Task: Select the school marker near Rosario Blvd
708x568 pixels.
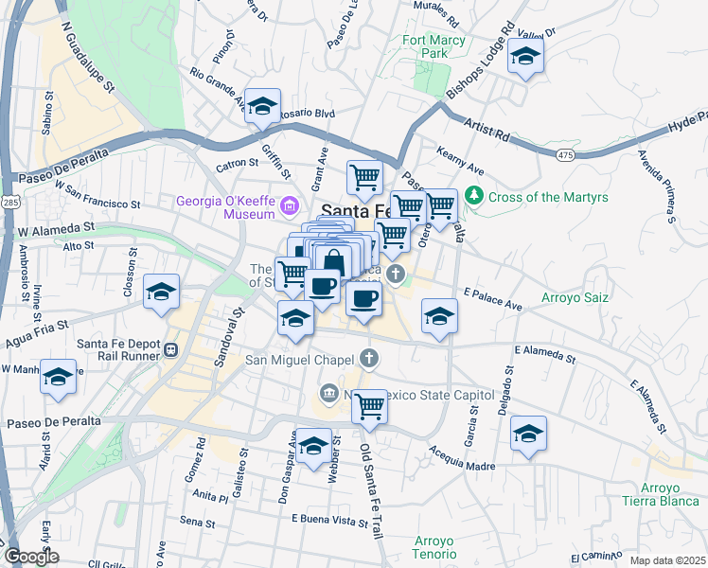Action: point(262,105)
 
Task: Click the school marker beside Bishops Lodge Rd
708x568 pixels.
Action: point(525,56)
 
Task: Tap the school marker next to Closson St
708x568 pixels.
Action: point(162,293)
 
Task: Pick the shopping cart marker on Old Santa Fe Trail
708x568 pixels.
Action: point(369,407)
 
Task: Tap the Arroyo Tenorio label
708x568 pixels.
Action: point(434,548)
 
